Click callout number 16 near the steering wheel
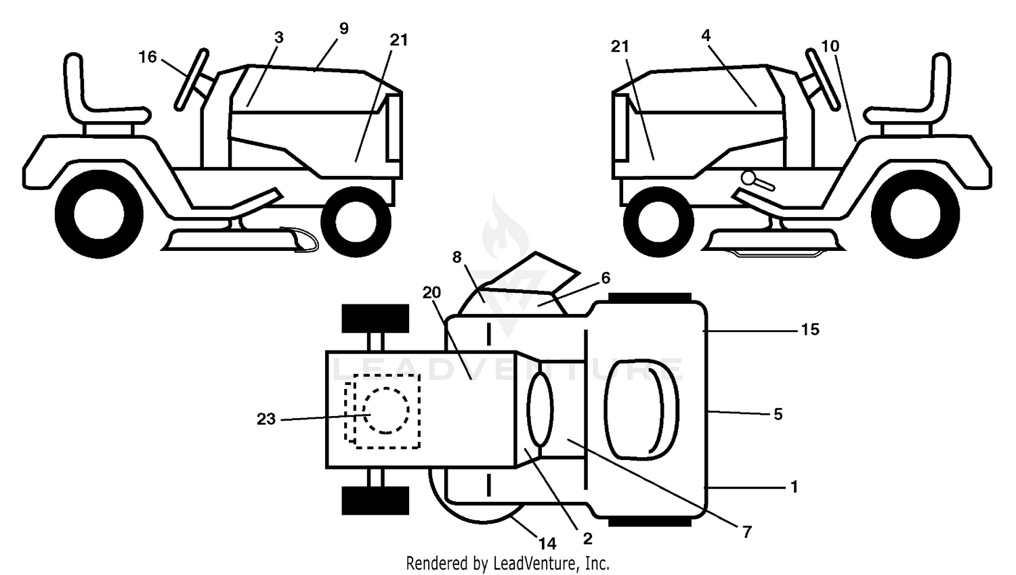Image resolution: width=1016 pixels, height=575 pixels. click(148, 57)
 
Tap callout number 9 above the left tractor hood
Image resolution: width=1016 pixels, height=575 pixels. click(344, 28)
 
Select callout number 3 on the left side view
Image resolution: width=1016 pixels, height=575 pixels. click(279, 38)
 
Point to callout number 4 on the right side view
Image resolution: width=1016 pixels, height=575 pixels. click(706, 35)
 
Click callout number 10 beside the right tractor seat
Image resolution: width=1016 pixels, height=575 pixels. click(830, 46)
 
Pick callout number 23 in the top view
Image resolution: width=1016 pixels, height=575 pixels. click(266, 419)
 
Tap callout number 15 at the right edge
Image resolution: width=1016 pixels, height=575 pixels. click(810, 330)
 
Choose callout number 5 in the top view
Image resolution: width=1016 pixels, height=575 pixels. click(778, 414)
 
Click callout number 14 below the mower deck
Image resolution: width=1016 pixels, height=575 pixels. click(547, 543)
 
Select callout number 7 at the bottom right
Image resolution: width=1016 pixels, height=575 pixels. click(747, 532)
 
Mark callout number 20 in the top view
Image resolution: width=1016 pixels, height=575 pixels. click(431, 293)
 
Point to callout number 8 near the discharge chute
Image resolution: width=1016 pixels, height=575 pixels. click(457, 257)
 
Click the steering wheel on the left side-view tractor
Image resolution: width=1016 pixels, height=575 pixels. click(192, 80)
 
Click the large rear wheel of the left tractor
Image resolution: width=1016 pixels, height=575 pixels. click(99, 214)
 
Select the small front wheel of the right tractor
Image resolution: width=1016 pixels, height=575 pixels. click(658, 222)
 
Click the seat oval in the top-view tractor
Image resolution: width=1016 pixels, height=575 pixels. click(642, 410)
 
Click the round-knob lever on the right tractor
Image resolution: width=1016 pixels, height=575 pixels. click(757, 181)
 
